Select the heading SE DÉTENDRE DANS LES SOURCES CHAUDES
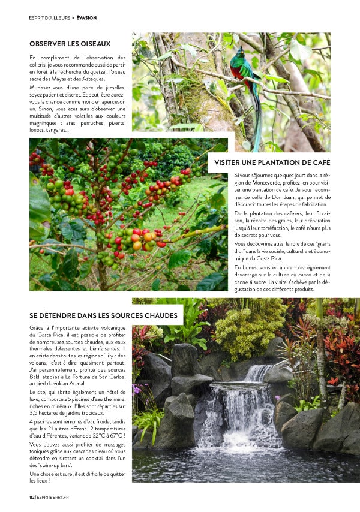[103, 315]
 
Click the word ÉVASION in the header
[86, 18]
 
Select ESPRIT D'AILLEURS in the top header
[49, 18]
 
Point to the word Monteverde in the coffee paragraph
[260, 182]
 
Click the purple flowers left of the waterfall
[139, 390]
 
